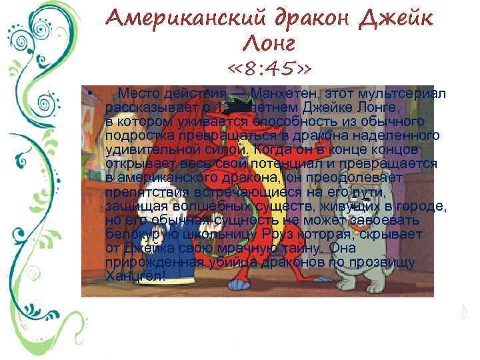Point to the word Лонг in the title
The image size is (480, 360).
point(269,45)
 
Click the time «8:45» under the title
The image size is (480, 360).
point(269,69)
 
